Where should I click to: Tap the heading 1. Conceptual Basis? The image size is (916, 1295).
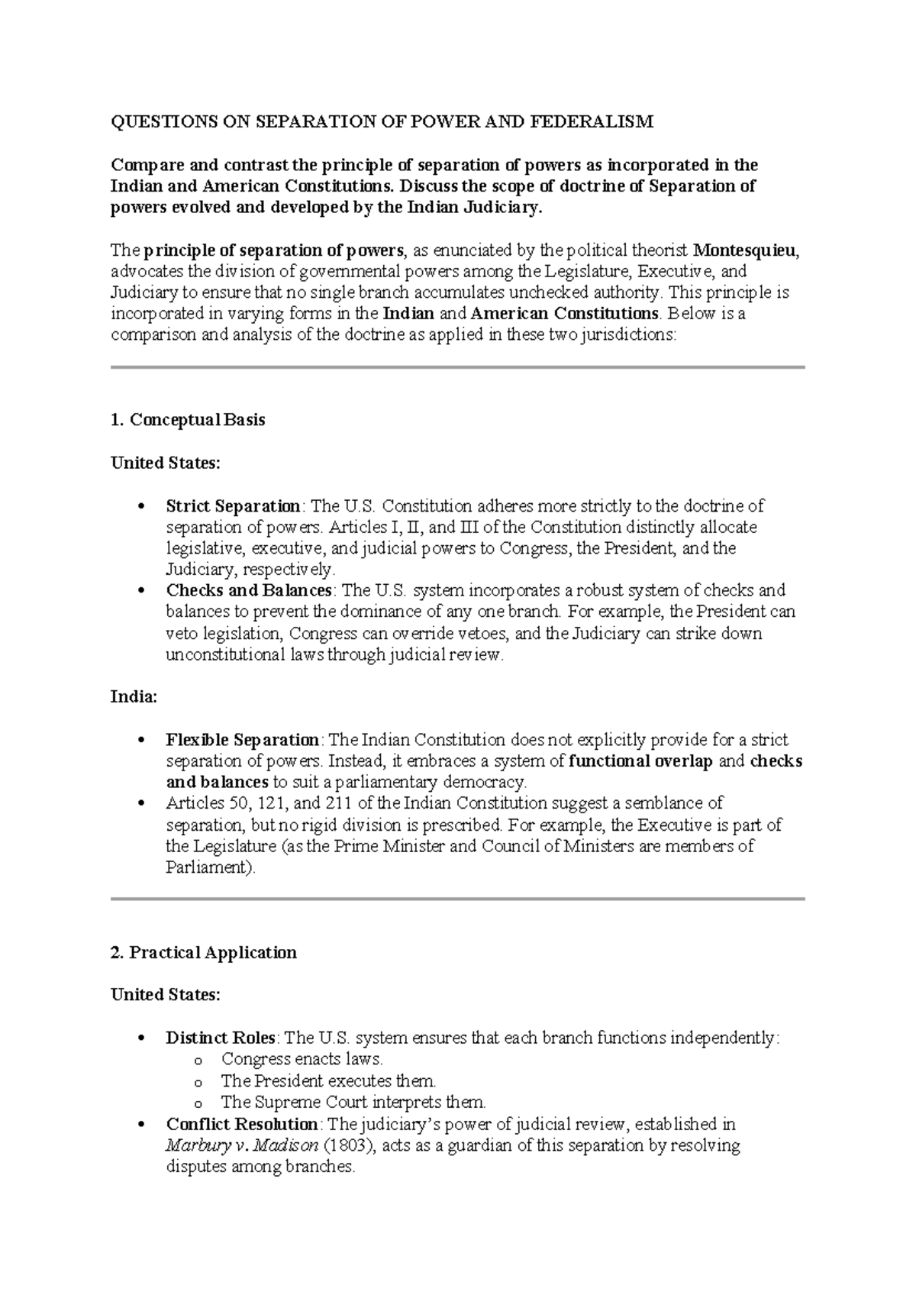(188, 420)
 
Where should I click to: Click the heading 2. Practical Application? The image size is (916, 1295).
(204, 953)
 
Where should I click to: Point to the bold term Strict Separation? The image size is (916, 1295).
(233, 506)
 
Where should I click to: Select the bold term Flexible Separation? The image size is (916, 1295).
(243, 740)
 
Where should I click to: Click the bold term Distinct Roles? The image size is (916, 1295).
(221, 1038)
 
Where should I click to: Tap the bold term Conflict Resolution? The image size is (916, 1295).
(242, 1125)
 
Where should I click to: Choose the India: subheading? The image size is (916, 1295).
(134, 697)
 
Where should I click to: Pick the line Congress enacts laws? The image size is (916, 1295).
(302, 1060)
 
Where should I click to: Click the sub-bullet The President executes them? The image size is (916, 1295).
(328, 1081)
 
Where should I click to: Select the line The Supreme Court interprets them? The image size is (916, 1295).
(353, 1103)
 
